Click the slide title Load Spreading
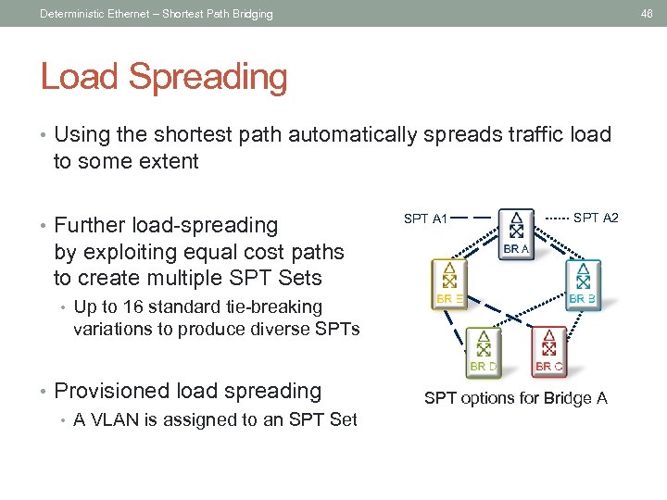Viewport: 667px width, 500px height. pos(164,77)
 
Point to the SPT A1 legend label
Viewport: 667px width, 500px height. pos(426,219)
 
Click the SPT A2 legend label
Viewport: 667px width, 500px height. pos(596,218)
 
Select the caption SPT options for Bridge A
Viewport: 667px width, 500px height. pos(515,398)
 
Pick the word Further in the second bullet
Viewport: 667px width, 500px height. pos(88,225)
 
